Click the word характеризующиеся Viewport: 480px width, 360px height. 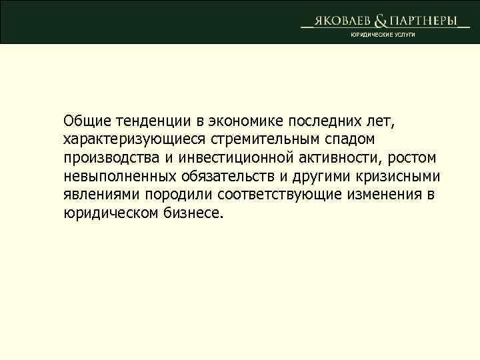(x=135, y=140)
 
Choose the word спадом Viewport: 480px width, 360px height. (x=349, y=140)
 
